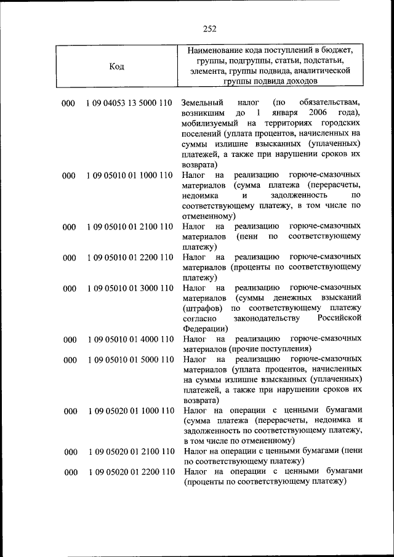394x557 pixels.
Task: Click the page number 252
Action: [209, 28]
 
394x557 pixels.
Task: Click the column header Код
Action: [117, 66]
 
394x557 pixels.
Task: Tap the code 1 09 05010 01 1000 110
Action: [130, 176]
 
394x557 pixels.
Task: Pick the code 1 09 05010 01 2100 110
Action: [130, 227]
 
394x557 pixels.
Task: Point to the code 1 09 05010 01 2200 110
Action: [130, 257]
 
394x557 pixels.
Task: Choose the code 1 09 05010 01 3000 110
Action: [130, 288]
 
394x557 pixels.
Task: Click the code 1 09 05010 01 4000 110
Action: [130, 339]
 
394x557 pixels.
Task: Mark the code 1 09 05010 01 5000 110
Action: [130, 359]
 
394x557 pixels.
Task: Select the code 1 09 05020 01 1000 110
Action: [130, 411]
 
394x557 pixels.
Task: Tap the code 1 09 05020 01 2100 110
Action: [130, 452]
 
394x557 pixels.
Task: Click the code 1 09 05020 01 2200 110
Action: [130, 472]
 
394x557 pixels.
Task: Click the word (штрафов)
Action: [203, 308]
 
